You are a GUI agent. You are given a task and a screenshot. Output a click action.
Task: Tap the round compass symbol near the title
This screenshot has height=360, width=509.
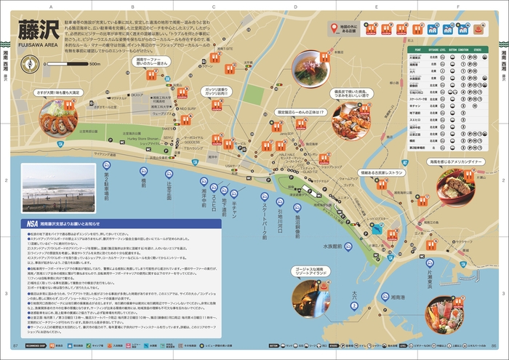(x=30, y=64)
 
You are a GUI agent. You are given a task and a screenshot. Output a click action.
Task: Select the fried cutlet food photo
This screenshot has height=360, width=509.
(x=57, y=117)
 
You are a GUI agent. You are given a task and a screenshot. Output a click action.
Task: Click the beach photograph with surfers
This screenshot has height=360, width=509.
(x=49, y=188)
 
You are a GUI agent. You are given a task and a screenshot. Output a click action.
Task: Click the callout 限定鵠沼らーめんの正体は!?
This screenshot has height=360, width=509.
(x=300, y=112)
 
